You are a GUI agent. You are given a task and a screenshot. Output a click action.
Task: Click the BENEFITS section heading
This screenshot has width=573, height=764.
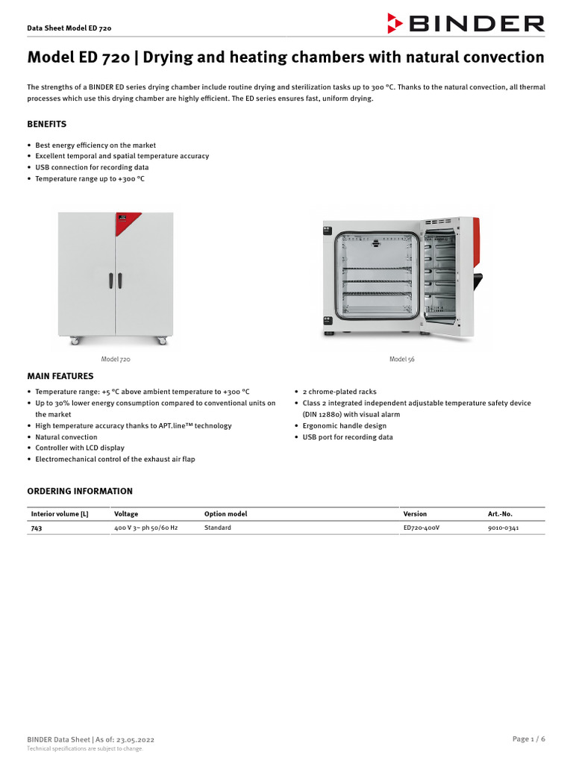click(x=47, y=124)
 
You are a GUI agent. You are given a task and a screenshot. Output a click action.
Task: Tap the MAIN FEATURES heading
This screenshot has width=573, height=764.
click(x=60, y=376)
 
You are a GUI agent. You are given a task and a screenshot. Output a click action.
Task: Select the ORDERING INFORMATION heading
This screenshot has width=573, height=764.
click(x=80, y=491)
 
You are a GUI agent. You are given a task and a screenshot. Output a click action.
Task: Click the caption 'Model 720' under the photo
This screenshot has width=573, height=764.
click(x=116, y=359)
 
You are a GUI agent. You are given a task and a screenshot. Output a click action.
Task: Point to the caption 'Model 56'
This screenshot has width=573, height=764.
click(x=401, y=359)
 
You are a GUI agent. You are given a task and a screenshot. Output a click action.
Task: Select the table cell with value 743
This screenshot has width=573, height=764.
click(x=37, y=527)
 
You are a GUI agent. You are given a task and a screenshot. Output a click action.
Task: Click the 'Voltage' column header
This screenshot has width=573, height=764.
click(x=126, y=514)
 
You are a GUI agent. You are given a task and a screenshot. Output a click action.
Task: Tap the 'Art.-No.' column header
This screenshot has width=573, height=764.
click(x=500, y=514)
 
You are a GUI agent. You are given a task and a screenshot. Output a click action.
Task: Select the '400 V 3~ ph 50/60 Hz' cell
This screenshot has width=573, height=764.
click(x=146, y=527)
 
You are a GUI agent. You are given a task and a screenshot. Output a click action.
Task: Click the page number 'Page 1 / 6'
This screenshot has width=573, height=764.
click(x=528, y=739)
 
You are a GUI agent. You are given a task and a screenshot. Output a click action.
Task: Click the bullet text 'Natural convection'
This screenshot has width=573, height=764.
click(x=66, y=437)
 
